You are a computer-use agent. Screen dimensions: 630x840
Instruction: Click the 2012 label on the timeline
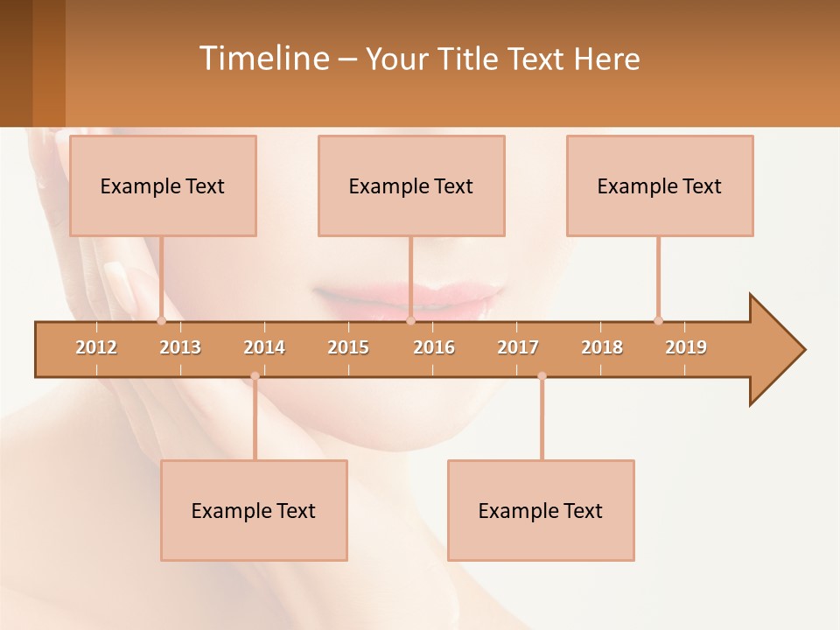point(96,347)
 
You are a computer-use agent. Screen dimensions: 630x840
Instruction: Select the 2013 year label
point(180,347)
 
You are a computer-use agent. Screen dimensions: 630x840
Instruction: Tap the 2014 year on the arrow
point(264,347)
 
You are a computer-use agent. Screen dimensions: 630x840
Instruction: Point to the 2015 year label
point(348,347)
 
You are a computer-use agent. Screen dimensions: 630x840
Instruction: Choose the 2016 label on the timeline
point(434,347)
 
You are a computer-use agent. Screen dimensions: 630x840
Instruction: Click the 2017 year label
point(518,347)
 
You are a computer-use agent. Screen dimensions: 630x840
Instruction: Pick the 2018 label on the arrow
point(602,347)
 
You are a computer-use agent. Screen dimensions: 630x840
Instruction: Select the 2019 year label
point(686,347)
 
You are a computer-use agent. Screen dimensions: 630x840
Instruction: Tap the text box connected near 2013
point(163,185)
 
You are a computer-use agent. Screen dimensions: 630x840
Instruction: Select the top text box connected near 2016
point(411,185)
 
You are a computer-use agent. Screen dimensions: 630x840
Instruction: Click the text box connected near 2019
point(660,185)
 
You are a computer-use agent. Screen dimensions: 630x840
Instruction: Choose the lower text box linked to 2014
point(254,510)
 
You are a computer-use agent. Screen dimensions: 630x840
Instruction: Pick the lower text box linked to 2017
point(541,510)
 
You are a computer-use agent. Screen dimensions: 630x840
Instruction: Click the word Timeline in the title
point(262,59)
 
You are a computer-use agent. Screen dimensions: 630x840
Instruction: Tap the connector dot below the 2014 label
point(255,376)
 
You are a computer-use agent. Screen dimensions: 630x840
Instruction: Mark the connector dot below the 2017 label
point(542,376)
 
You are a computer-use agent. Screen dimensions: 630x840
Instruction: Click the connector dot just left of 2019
point(658,320)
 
